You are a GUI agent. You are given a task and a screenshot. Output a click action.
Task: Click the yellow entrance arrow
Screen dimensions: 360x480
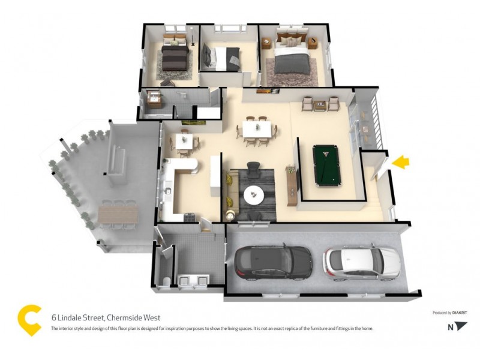coord(401,161)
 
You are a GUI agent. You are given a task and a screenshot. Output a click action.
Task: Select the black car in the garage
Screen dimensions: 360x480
coord(273,262)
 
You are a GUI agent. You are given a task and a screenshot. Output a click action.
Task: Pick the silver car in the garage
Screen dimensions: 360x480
coord(361,261)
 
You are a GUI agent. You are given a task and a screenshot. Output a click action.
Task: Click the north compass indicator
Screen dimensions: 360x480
coord(459,327)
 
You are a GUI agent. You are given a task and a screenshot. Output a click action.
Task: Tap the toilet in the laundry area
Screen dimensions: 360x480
coord(164,281)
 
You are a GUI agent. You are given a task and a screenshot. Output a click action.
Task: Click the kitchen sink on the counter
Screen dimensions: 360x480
coord(168,191)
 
